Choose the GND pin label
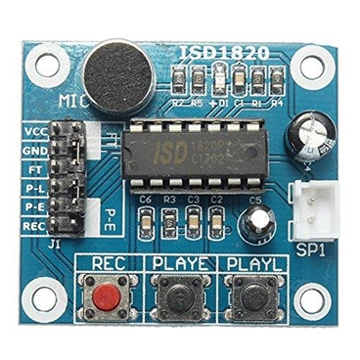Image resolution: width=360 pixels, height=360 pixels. pos(35,151)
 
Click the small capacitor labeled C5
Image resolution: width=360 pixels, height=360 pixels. pos(258,223)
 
